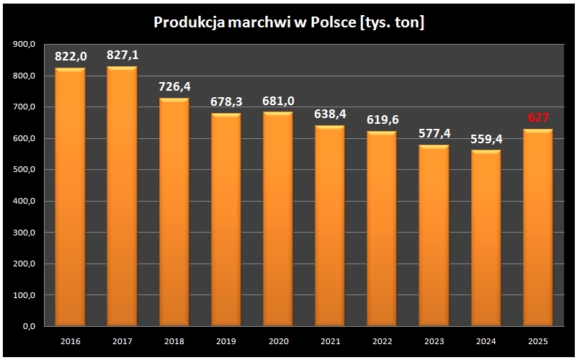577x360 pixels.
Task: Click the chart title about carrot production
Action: pos(289,23)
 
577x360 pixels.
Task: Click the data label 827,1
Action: pos(122,55)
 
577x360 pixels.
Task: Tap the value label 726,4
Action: pos(174,86)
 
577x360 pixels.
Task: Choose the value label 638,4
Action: pos(329,114)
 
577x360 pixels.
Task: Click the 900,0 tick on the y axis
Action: pos(24,45)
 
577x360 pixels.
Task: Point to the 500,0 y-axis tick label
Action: pos(24,170)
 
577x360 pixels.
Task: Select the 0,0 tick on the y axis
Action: pos(30,327)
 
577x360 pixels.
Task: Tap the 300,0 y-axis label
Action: pos(24,233)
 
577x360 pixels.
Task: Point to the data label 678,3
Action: pos(225,102)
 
